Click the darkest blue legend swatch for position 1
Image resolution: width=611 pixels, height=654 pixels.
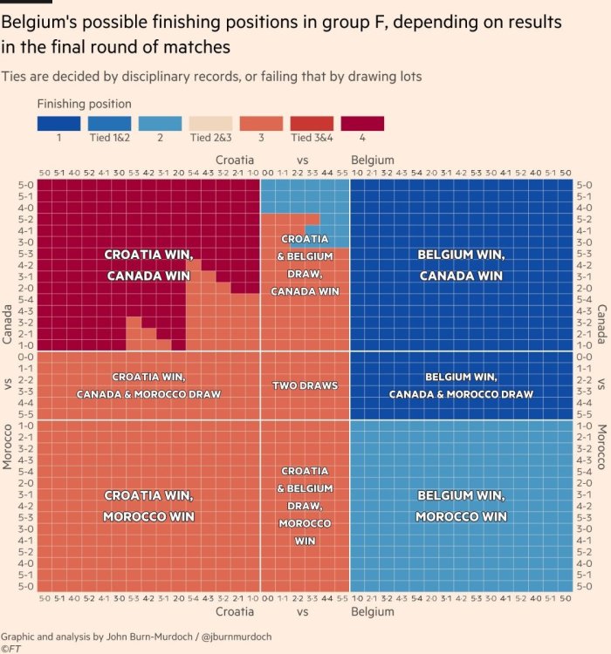coord(58,124)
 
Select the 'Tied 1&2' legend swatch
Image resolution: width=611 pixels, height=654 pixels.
coord(109,124)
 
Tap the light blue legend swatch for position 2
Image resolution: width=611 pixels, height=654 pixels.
coord(160,124)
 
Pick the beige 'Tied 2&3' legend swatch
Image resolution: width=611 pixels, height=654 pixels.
coord(210,124)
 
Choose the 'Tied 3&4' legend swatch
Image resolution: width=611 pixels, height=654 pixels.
coord(312,124)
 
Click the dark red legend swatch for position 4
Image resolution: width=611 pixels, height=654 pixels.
coord(362,124)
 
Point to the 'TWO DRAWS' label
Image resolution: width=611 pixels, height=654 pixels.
coord(305,385)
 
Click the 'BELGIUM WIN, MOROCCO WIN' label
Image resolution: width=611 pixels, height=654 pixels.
coord(460,506)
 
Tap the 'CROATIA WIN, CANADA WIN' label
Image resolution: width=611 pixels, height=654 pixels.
coord(148,265)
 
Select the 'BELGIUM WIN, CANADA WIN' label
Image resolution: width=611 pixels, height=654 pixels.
coord(460,265)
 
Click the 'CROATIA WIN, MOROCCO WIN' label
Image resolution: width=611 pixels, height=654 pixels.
coord(148,506)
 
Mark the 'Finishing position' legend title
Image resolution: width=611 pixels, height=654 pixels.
coord(84,105)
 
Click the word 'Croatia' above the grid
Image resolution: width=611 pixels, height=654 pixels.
coord(235,160)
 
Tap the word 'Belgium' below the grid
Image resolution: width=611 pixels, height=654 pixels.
coord(373,613)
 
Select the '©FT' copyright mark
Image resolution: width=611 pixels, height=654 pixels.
coord(11,649)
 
